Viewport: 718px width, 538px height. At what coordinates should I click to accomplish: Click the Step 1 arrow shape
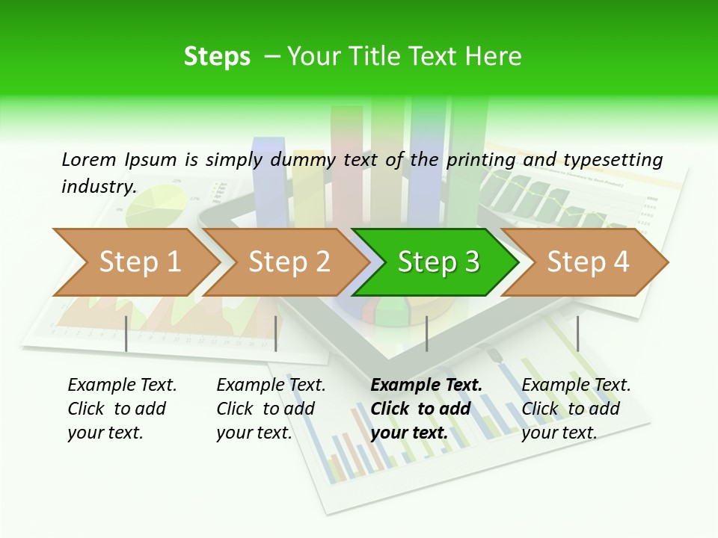click(x=139, y=262)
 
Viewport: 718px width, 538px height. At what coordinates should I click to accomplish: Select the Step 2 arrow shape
click(x=289, y=262)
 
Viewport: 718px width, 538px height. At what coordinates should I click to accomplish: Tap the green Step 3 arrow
click(x=438, y=262)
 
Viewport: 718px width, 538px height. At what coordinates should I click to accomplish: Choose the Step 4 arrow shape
click(x=588, y=262)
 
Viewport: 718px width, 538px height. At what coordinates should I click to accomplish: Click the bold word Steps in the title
click(x=217, y=57)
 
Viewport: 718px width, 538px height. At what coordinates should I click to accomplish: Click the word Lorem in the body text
click(x=89, y=159)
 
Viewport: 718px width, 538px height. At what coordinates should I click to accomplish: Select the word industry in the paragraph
click(x=98, y=186)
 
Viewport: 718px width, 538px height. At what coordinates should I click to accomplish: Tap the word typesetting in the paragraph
click(x=613, y=160)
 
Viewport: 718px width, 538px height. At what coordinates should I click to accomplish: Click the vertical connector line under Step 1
click(x=126, y=333)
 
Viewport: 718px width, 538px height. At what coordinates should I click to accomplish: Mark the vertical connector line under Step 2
click(x=276, y=333)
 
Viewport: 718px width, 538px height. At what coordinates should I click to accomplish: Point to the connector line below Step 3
click(x=426, y=333)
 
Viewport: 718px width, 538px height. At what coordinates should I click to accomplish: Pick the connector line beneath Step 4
click(x=577, y=333)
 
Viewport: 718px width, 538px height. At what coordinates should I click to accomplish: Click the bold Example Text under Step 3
click(x=426, y=385)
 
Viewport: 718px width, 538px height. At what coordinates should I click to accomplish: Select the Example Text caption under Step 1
click(x=122, y=385)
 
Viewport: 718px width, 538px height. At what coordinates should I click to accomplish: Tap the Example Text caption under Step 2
click(x=271, y=385)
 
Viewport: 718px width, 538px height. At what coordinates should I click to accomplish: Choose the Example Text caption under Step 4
click(x=576, y=385)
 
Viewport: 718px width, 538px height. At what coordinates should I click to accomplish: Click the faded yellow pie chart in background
click(x=156, y=205)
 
